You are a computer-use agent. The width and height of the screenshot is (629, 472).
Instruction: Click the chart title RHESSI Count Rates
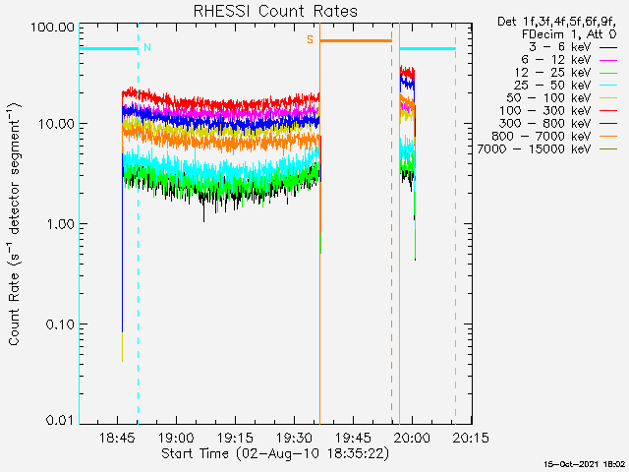pyautogui.click(x=275, y=11)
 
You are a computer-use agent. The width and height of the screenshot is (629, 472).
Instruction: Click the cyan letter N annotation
pyautogui.click(x=147, y=47)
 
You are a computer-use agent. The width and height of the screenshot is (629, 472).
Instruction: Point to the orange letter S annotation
pyautogui.click(x=310, y=39)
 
